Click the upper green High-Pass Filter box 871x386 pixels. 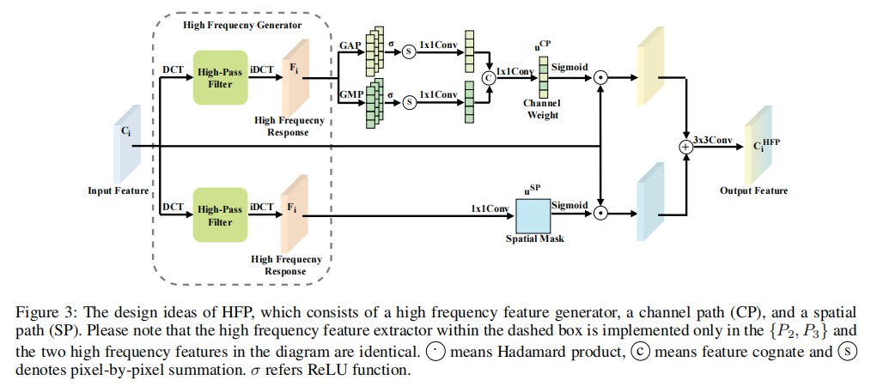click(x=220, y=76)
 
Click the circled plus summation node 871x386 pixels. click(x=685, y=147)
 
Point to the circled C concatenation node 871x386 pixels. click(x=490, y=76)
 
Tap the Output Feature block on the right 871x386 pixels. click(x=755, y=146)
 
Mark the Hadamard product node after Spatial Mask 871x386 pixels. click(x=601, y=210)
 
